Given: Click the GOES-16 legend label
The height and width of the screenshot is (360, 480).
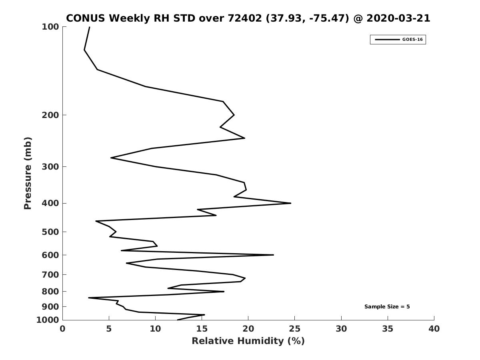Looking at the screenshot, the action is [x=412, y=40].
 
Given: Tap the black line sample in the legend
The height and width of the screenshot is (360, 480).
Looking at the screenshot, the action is [x=387, y=40].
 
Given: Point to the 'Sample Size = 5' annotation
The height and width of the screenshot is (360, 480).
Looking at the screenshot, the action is [x=387, y=306].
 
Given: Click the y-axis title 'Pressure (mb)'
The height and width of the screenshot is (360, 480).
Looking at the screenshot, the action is [x=28, y=173].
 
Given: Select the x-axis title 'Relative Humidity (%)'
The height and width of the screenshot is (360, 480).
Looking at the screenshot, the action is [x=248, y=341].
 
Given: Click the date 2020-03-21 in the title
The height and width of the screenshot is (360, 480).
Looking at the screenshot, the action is [x=398, y=18].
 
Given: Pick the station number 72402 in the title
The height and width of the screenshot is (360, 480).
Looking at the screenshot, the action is [x=245, y=18].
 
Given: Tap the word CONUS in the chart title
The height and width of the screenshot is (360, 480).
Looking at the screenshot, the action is [x=86, y=18].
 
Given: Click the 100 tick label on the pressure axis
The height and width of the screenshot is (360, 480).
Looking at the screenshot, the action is [x=50, y=27].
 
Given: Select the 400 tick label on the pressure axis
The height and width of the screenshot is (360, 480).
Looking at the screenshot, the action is [x=50, y=203].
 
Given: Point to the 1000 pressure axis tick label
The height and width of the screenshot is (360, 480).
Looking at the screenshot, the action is [x=48, y=320].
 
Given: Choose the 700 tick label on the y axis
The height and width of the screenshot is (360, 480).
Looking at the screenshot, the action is [x=50, y=274].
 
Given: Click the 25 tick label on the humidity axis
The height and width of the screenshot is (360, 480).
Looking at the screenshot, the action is [x=294, y=328].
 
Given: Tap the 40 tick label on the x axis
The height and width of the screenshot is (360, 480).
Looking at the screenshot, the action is [x=434, y=328].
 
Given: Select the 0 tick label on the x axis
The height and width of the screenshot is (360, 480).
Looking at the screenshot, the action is [x=62, y=328].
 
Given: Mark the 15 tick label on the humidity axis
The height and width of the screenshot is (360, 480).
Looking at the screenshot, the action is [x=202, y=328].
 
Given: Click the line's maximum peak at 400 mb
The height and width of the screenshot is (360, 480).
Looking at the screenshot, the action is [x=291, y=203].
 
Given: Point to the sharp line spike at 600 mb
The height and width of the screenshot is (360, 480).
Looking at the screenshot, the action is [x=273, y=255].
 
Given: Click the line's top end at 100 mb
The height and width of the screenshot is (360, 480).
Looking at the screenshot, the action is [x=89, y=27].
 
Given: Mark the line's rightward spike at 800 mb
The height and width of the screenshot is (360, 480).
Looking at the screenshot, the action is [x=224, y=291].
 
